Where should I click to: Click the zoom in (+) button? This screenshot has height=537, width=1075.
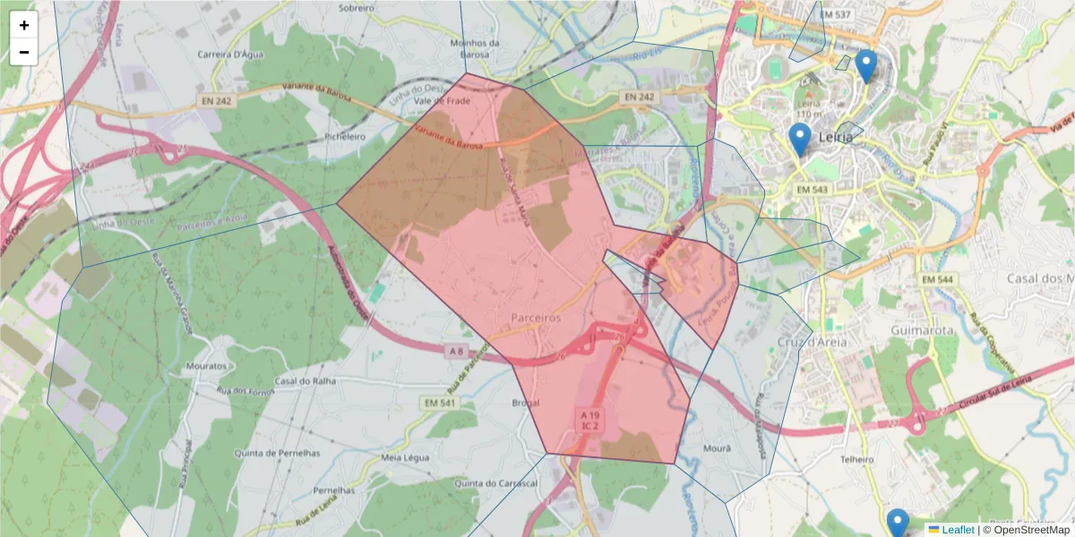[x=24, y=25]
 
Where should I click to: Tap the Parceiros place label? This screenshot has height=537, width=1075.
[x=535, y=318]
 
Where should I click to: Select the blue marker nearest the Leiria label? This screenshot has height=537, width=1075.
[x=800, y=140]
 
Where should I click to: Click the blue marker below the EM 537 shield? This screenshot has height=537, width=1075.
[x=865, y=65]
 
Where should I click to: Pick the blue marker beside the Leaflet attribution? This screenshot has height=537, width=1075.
[x=898, y=524]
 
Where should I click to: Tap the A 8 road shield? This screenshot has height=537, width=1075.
[x=457, y=349]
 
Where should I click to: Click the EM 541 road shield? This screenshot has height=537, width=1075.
[x=438, y=404]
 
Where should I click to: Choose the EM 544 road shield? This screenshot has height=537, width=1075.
[x=938, y=280]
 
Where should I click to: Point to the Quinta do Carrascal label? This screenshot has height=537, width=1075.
[x=495, y=483]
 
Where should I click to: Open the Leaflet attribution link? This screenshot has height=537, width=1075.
[x=958, y=530]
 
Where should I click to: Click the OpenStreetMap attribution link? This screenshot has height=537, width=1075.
[x=1031, y=530]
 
